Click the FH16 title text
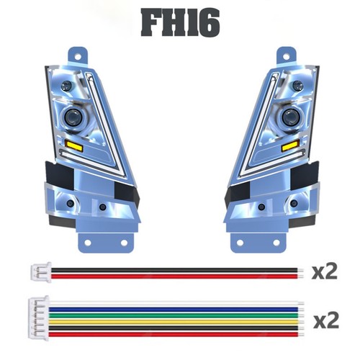pyautogui.click(x=180, y=22)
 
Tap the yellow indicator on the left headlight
pyautogui.click(x=74, y=145)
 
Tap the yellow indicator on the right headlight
pyautogui.click(x=290, y=145)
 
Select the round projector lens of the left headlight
pyautogui.click(x=73, y=117)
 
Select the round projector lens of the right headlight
pyautogui.click(x=289, y=117)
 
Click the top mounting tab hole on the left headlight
pyautogui.click(x=78, y=57)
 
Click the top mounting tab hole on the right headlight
pyautogui.click(x=286, y=57)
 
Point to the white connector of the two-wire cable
pyautogui.click(x=41, y=272)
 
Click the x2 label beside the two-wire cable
pyautogui.click(x=325, y=271)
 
